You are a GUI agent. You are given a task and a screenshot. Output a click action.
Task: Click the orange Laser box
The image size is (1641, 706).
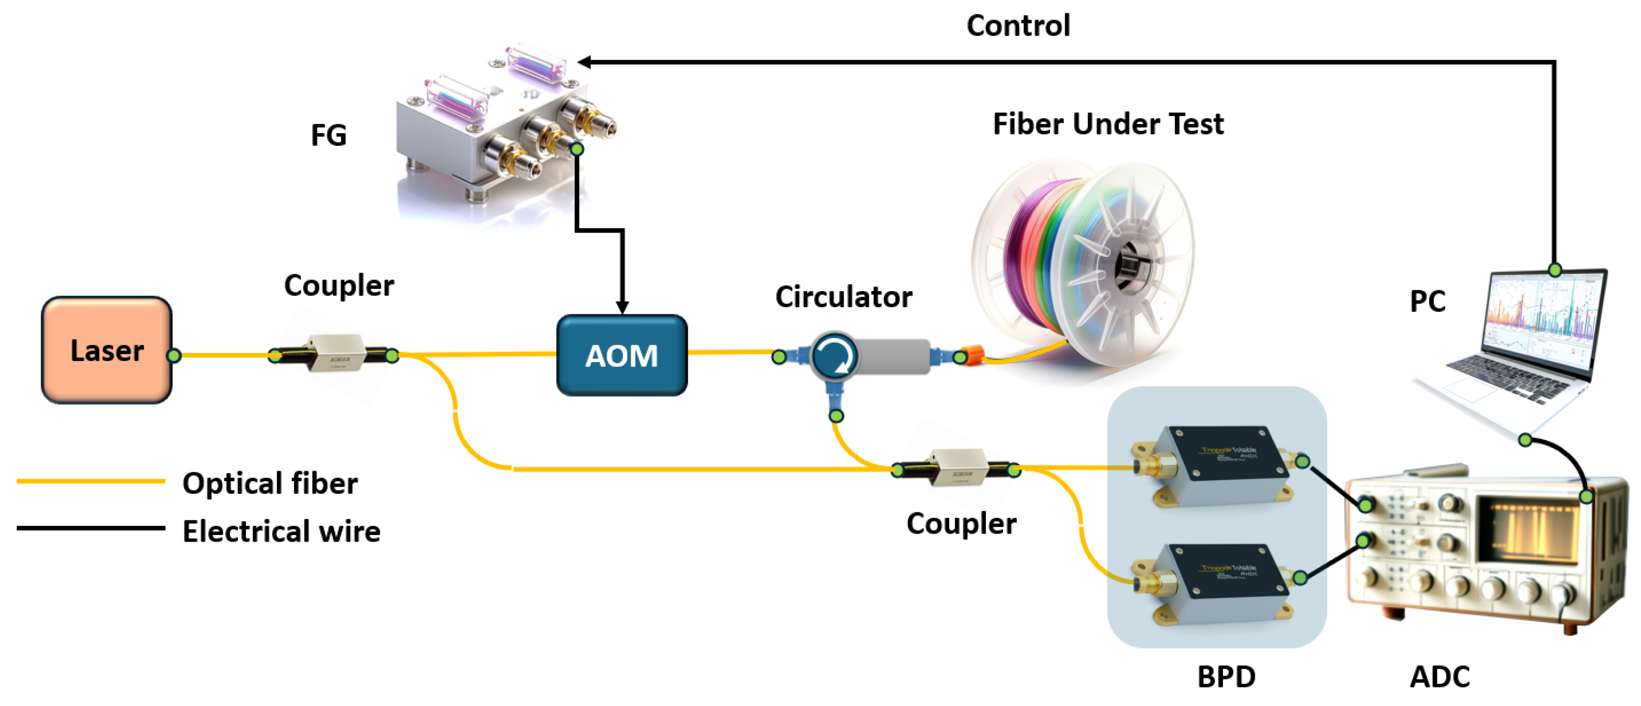click(x=106, y=350)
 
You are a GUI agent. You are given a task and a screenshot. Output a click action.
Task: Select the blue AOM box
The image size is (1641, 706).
click(x=622, y=355)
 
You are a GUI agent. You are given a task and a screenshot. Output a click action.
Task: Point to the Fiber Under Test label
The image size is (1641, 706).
click(x=1108, y=124)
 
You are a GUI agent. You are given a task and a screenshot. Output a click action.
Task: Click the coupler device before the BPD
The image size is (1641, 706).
click(x=955, y=469)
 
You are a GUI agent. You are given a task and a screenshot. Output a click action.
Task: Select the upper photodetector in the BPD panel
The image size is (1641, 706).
click(x=1217, y=465)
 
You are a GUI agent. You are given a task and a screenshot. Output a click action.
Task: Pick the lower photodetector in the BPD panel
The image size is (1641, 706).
click(x=1217, y=582)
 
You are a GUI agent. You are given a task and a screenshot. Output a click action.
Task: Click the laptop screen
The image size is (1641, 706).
click(x=1541, y=318)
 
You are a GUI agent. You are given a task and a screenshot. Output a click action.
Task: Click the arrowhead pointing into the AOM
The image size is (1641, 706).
click(x=622, y=307)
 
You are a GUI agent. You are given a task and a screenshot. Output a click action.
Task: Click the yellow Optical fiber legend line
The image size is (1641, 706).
click(x=91, y=481)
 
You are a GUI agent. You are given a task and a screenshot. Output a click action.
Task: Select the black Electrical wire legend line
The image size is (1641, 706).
click(x=91, y=528)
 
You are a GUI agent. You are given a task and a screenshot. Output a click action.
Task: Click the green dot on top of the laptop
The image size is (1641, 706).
click(x=1555, y=270)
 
